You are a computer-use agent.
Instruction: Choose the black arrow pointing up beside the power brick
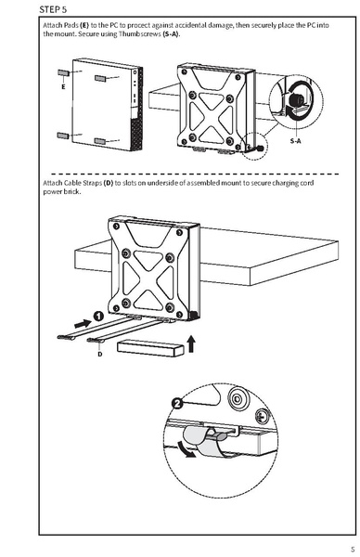click(x=191, y=346)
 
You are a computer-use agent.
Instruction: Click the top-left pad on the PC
click(x=61, y=71)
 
